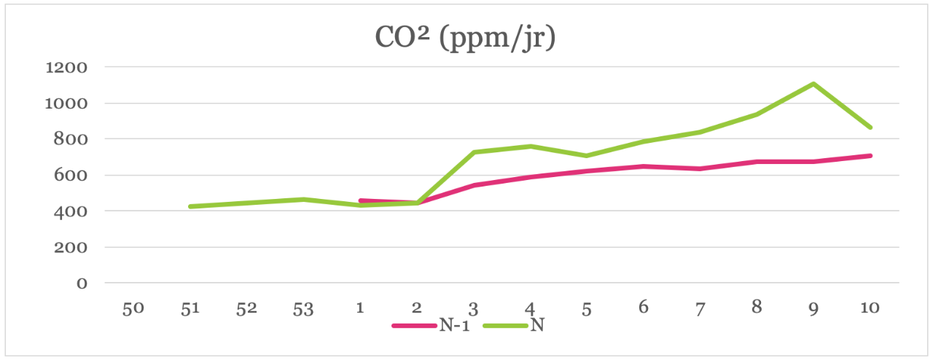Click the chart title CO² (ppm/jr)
465,38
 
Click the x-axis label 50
133,308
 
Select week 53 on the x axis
302,308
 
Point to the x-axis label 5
586,308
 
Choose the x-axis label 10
869,308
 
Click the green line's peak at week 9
813,84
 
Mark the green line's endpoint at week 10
870,128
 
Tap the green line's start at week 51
190,207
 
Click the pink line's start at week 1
360,200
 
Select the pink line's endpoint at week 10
870,155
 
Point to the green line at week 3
473,152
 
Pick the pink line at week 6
643,166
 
